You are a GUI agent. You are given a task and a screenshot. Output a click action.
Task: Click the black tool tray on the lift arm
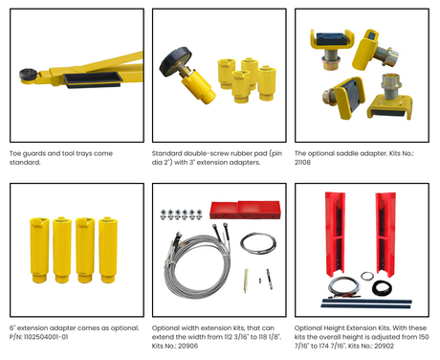[x=93, y=79]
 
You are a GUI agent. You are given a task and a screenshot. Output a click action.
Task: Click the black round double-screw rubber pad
[x=175, y=61]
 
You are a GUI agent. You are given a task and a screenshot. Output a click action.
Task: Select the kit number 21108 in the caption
[x=302, y=162]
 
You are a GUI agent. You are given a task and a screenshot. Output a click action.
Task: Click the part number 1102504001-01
[x=46, y=337]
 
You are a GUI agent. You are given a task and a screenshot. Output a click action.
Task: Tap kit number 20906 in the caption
[x=188, y=346]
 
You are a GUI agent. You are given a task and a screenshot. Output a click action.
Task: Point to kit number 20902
[x=384, y=346]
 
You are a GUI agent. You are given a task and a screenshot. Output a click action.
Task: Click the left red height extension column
[x=335, y=234]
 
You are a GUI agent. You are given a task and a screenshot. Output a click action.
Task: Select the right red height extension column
[x=385, y=234]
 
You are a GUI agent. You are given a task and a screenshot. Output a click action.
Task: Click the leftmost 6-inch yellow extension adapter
[x=40, y=250]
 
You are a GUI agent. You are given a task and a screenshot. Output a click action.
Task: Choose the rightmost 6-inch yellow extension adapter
[x=108, y=250]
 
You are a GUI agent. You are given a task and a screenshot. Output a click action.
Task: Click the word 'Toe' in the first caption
[x=15, y=153]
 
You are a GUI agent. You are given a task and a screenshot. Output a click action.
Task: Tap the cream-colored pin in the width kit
[x=246, y=281]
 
